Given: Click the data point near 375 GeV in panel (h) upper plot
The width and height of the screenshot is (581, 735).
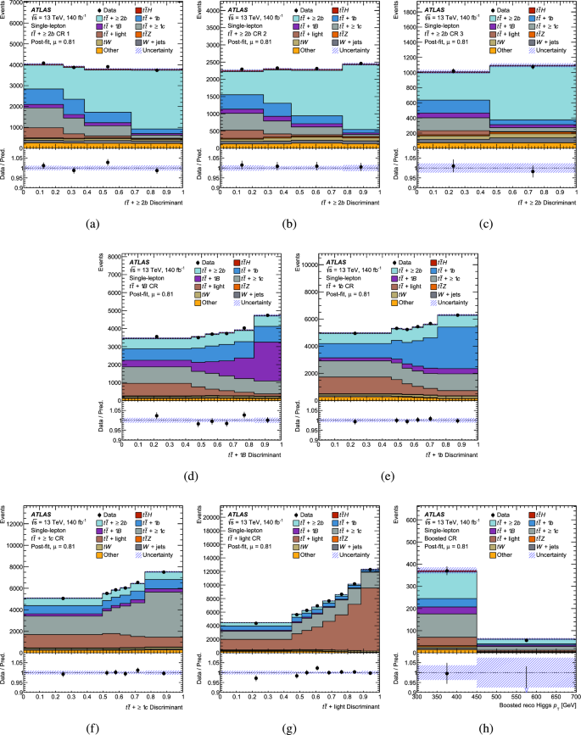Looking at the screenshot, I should tap(447, 571).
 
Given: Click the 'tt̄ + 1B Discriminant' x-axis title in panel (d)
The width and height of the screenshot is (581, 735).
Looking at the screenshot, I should tap(251, 454).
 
